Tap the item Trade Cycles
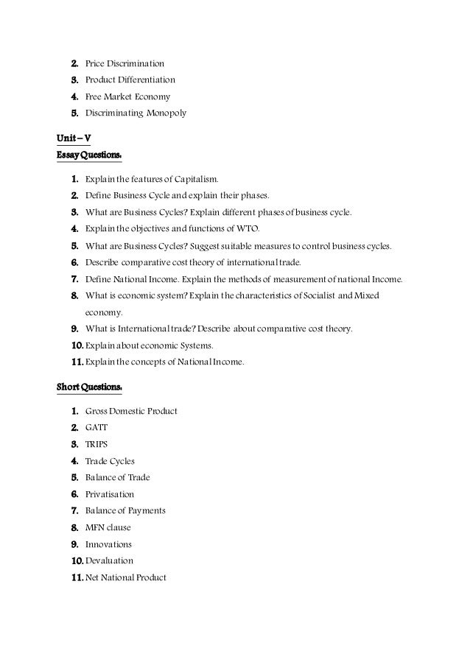click(x=110, y=461)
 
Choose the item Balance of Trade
click(x=117, y=478)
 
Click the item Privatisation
click(x=110, y=494)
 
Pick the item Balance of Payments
click(x=125, y=510)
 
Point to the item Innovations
click(x=108, y=544)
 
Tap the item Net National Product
click(x=126, y=577)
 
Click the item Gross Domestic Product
click(x=131, y=411)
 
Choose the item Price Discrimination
click(x=124, y=64)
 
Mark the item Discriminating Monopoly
click(x=136, y=113)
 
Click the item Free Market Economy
click(x=127, y=96)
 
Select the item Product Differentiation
click(x=130, y=80)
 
